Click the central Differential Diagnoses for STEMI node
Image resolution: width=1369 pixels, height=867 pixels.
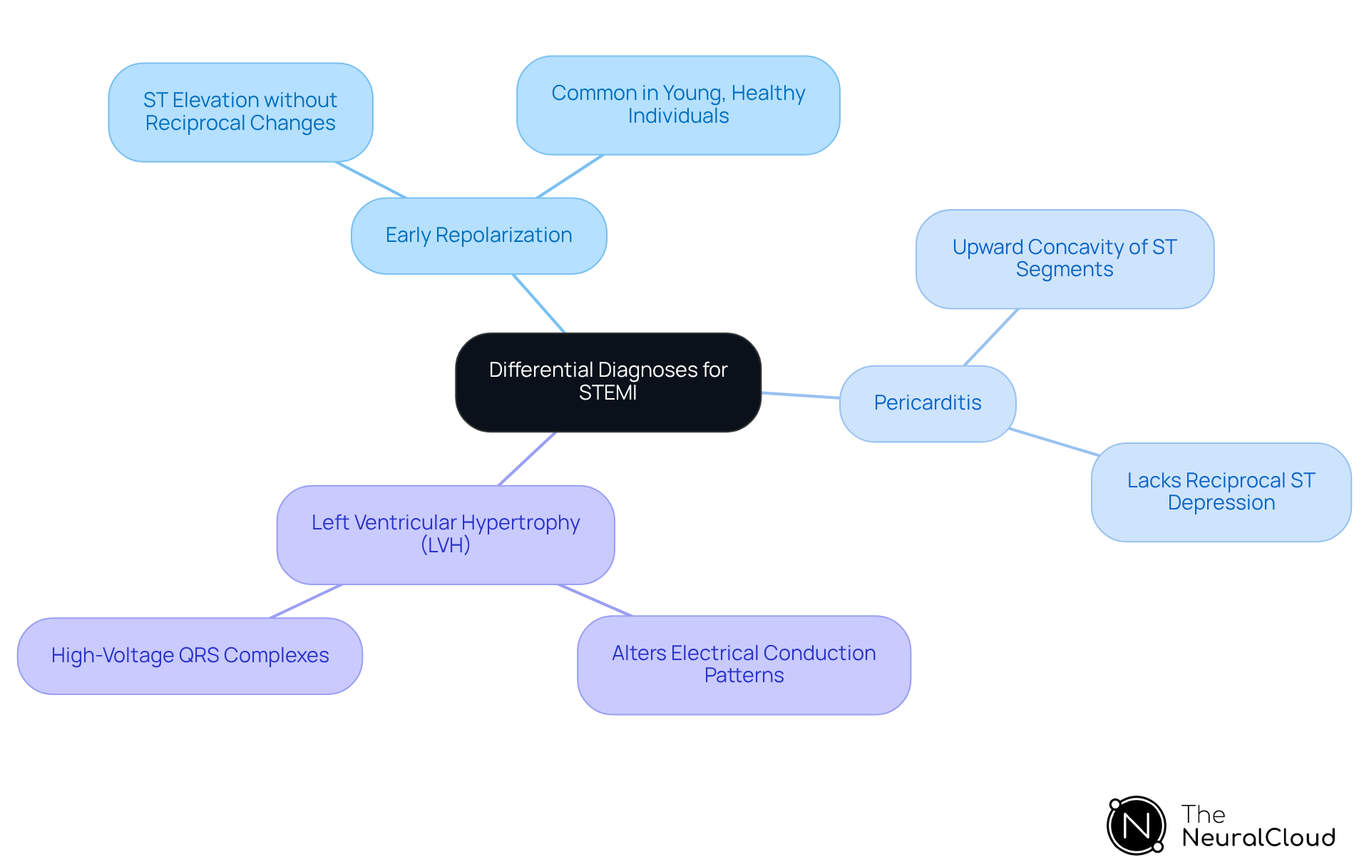607,382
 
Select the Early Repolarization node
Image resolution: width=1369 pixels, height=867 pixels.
478,235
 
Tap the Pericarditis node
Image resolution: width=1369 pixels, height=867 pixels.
927,403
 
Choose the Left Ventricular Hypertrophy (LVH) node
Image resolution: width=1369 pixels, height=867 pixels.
445,534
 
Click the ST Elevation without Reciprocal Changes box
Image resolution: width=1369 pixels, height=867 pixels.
240,112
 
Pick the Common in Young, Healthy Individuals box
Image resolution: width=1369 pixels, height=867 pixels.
677,105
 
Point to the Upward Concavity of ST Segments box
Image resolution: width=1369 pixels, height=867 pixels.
1064,258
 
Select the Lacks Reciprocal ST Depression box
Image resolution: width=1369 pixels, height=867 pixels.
1221,492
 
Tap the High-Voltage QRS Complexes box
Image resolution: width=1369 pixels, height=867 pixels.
190,655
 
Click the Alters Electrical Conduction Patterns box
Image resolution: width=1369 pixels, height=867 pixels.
743,664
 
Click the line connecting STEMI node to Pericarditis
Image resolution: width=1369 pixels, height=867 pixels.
800,395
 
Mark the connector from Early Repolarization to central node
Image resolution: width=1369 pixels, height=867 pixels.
539,303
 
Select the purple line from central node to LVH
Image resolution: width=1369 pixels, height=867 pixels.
527,458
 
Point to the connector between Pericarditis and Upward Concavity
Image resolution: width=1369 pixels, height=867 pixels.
991,337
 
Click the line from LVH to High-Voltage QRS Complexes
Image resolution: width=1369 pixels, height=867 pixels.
306,601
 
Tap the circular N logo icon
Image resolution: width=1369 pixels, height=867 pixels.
1136,826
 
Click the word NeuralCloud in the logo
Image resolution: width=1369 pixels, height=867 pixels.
1258,838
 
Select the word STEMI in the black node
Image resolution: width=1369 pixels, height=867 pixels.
607,393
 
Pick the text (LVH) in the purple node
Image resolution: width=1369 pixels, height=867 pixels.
445,546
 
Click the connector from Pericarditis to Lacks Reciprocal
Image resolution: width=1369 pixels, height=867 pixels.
1054,442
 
